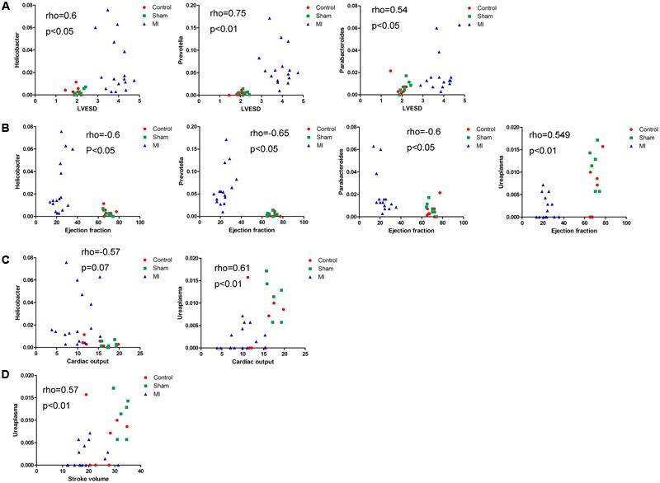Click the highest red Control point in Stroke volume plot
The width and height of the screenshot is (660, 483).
[x=86, y=395]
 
